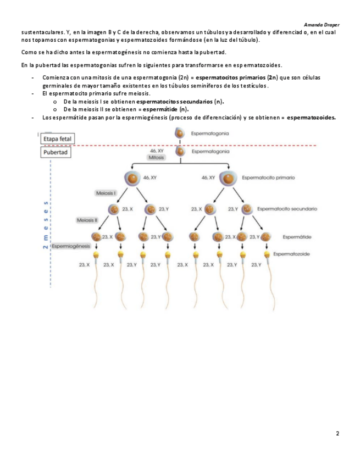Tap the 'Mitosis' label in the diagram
(156, 158)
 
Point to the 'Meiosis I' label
(106, 193)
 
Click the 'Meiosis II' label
(87, 220)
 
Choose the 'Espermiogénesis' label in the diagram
(71, 246)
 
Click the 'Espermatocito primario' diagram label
(268, 178)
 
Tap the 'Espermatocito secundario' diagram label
(287, 209)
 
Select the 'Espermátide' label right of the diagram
(297, 237)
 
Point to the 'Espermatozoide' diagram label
(291, 254)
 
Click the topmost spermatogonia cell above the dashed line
(180, 132)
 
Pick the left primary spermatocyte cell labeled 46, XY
(133, 179)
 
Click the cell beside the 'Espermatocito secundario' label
(247, 209)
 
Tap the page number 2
(337, 434)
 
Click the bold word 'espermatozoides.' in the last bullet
(311, 118)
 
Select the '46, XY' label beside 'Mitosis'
(157, 150)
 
